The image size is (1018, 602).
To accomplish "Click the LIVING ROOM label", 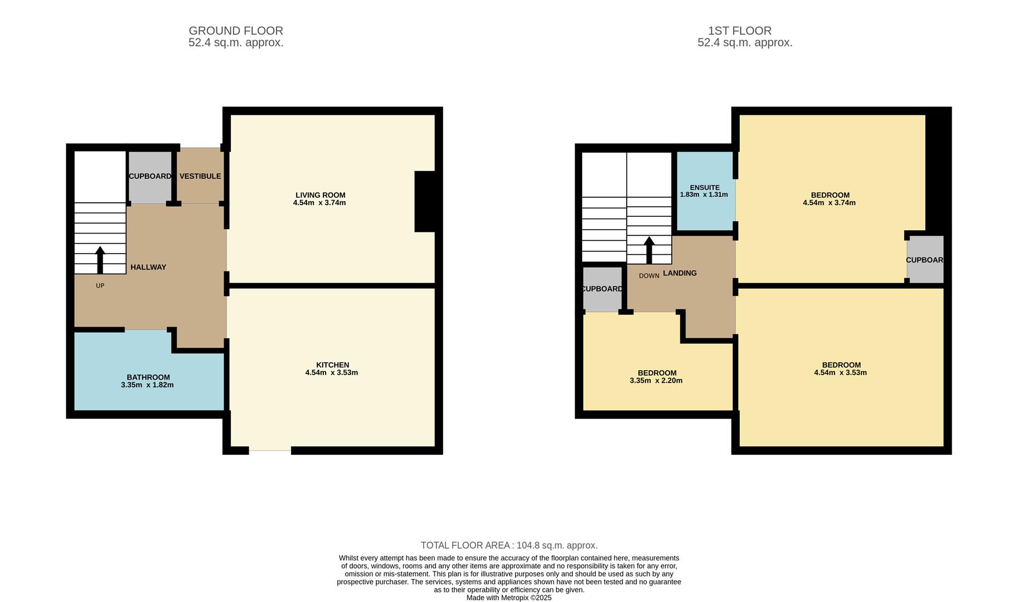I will coord(320,195).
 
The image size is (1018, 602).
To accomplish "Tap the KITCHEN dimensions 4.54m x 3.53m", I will coord(331,373).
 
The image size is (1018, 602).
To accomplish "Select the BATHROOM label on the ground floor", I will coord(148,377).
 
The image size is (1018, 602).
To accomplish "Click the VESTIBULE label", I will coord(200,176).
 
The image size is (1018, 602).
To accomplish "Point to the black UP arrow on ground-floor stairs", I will coord(100,260).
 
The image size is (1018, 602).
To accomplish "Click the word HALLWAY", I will coord(148,267).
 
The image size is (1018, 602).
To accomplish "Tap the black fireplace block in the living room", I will coord(425,201).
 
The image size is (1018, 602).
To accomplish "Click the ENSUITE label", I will coord(705,187).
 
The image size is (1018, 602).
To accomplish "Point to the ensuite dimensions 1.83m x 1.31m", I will coord(704,195).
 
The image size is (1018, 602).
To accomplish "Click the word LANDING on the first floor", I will coord(680,273).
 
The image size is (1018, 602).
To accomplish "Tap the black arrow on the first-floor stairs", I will coord(649,250).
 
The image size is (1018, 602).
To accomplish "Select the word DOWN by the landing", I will coord(649,276).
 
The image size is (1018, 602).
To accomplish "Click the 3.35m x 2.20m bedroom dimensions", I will coord(656,381).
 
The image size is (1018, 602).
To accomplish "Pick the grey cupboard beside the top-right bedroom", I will coord(925,260).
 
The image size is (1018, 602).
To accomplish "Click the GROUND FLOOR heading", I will coord(236,31).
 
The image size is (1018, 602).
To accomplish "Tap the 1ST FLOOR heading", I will coord(739,31).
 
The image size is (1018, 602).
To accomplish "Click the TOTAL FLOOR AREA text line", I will coord(508,545).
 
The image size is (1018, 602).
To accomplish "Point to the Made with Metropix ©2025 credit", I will coord(508,598).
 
